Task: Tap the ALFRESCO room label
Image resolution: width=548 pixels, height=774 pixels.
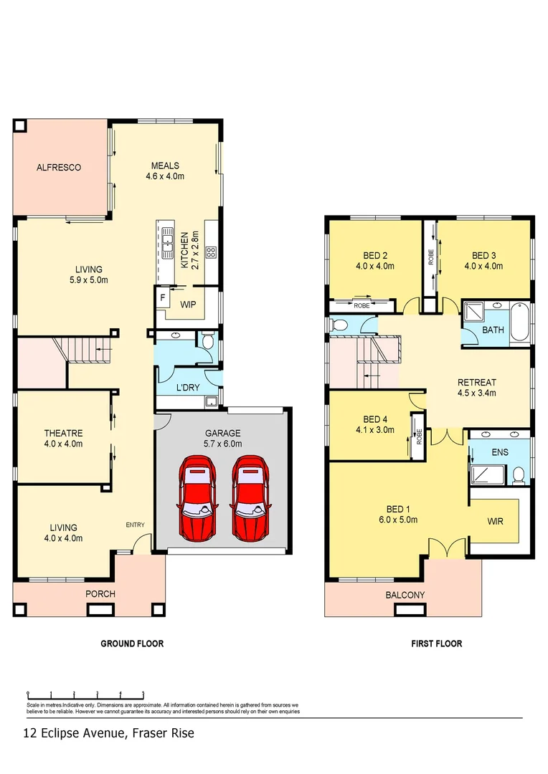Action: click(x=59, y=168)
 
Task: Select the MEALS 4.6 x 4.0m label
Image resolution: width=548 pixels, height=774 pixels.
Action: click(x=165, y=171)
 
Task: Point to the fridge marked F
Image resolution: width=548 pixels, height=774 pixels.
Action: click(x=162, y=296)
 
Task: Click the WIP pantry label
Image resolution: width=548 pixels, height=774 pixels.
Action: click(x=188, y=305)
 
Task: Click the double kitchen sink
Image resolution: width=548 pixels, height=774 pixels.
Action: click(x=168, y=242)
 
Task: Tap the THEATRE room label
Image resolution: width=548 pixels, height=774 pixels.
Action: click(x=64, y=438)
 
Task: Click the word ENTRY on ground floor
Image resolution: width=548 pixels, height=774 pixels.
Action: click(x=136, y=525)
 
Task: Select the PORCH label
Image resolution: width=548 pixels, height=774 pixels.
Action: click(x=100, y=594)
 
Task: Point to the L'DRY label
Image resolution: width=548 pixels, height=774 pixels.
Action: click(x=188, y=388)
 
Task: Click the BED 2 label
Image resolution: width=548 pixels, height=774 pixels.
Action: click(x=375, y=260)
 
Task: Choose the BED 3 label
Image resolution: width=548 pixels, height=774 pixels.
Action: click(x=484, y=260)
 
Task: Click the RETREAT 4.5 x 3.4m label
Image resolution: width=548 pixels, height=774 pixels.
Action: click(x=477, y=387)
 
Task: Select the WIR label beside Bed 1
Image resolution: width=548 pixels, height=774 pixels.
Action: click(x=494, y=521)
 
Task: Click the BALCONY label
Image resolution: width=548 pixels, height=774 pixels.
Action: click(x=405, y=595)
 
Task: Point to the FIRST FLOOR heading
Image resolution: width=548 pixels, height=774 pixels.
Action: click(x=436, y=644)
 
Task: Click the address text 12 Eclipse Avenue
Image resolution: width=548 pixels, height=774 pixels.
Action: click(x=108, y=733)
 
